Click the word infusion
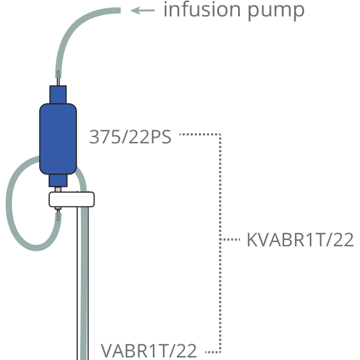202,9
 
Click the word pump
276,12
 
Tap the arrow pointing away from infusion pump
142,10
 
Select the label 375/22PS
130,137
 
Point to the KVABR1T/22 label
300,240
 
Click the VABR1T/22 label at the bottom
149,351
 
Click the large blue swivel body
58,139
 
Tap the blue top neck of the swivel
58,95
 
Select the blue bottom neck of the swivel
58,181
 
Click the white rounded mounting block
71,200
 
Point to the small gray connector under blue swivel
58,189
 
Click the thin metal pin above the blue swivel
58,81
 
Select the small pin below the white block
58,209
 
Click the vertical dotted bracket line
220,243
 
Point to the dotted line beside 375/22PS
200,135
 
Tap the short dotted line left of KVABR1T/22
230,239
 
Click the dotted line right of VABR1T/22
213,352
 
